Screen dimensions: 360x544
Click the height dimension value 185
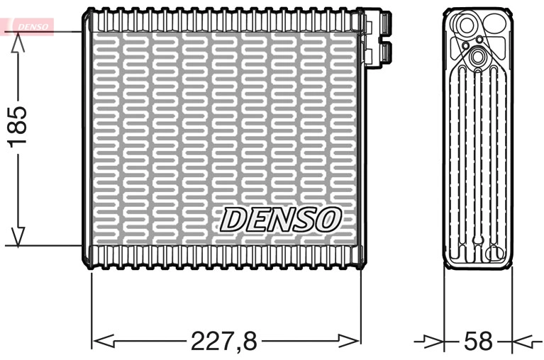[x=18, y=126]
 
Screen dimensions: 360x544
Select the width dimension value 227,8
[x=224, y=341]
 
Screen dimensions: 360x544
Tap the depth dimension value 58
[x=477, y=341]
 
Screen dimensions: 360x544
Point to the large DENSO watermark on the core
[x=281, y=220]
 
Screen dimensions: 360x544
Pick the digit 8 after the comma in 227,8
[x=248, y=341]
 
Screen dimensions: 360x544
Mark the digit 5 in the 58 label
[x=470, y=341]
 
